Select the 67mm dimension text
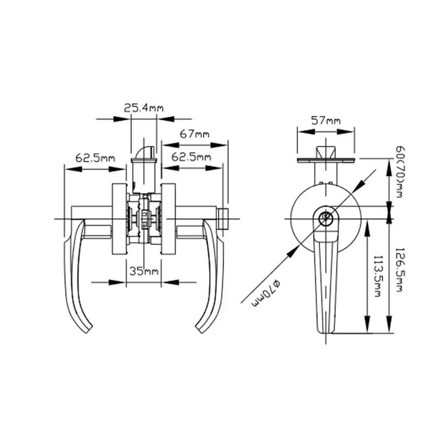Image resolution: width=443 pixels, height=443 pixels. (194, 134)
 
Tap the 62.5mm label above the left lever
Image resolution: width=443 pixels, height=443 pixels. (94, 157)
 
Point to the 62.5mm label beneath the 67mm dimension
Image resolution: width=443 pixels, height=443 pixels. (191, 157)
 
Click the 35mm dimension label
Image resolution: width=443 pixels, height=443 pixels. (144, 272)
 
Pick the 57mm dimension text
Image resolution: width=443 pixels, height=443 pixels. (326, 120)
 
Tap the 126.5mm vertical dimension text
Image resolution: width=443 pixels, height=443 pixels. (400, 269)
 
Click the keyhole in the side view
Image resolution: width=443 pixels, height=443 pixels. (326, 217)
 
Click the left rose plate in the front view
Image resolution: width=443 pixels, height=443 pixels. (119, 219)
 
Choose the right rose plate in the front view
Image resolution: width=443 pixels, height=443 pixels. (168, 219)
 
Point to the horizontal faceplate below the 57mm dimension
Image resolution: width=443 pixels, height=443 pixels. (326, 159)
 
